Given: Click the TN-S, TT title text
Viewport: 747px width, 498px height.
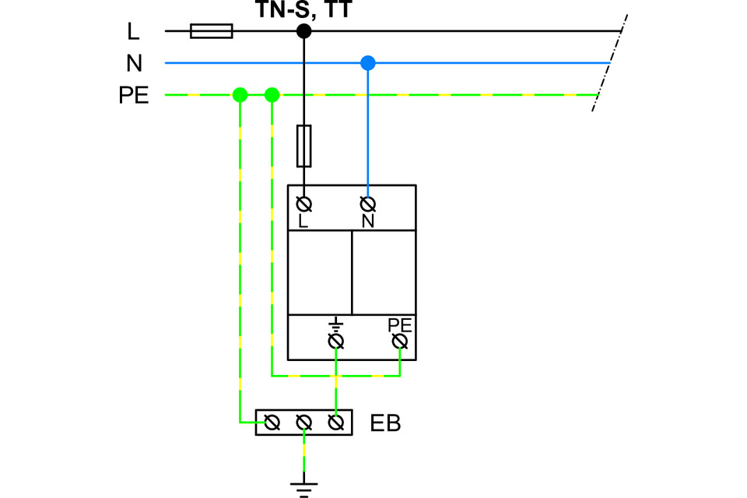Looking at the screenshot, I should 304,10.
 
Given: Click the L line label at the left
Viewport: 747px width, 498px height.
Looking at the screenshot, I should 134,31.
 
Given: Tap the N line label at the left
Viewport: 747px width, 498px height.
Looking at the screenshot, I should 134,63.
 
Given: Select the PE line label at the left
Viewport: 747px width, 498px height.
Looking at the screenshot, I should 134,96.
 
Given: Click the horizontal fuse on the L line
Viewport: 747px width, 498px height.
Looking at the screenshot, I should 211,31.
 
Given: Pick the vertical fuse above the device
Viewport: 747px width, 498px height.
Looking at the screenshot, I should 304,146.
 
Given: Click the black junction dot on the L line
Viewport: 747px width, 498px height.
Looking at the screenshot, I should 304,31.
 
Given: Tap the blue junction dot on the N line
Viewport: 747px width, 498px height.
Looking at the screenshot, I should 368,63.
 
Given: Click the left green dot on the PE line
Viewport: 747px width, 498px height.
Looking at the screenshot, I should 240,96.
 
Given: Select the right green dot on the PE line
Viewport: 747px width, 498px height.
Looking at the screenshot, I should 272,96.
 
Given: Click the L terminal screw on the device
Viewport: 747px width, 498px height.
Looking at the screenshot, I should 304,204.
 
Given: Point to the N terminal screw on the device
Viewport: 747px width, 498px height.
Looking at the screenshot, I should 368,204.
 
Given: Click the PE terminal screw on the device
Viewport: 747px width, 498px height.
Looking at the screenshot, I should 401,342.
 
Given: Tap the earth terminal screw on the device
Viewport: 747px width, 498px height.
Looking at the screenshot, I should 336,342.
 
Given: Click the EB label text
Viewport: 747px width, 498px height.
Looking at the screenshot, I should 385,424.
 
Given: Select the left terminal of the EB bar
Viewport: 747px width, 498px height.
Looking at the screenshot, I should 272,423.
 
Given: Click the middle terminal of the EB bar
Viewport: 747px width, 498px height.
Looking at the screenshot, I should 304,423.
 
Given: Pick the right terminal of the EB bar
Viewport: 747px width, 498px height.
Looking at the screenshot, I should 336,423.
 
